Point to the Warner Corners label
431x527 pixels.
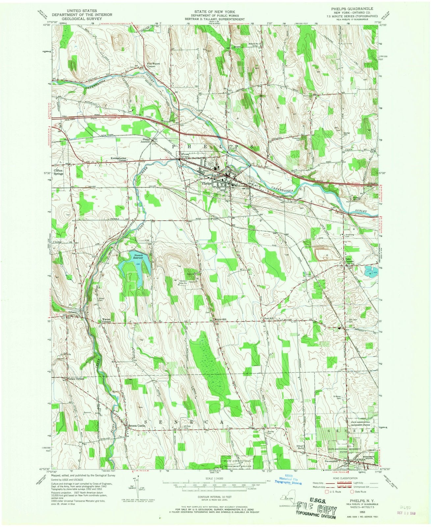pos(106,320)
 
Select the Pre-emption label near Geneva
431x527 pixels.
pos(331,461)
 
